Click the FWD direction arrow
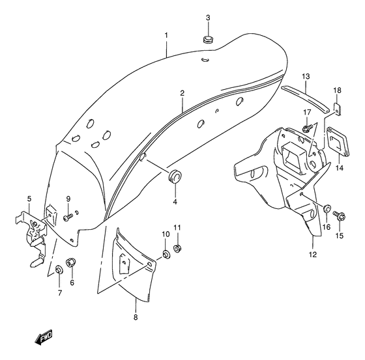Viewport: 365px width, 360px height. (x=44, y=337)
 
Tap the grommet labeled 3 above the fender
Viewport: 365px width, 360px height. (x=208, y=39)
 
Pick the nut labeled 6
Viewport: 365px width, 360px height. (x=72, y=262)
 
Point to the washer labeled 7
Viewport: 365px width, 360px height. (x=59, y=270)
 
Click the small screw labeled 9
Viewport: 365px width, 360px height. (x=68, y=218)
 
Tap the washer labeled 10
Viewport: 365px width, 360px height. (x=166, y=254)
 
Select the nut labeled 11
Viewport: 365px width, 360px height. (x=177, y=249)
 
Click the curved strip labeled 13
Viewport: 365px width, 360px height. (x=306, y=99)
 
